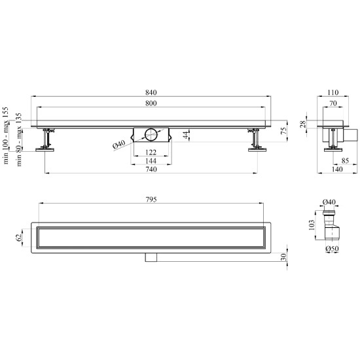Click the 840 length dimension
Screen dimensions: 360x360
tap(151, 92)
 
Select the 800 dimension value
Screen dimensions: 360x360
tap(151, 103)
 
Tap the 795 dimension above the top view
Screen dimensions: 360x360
tap(151, 200)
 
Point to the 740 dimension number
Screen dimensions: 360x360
tap(151, 170)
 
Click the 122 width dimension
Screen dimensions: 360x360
tap(151, 153)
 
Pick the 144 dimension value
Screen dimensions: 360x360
tap(151, 161)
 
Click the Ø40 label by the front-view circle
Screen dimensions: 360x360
tap(119, 145)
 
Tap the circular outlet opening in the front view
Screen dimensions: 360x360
tap(151, 135)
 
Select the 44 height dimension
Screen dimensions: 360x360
tap(187, 135)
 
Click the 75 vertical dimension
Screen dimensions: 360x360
tap(284, 131)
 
